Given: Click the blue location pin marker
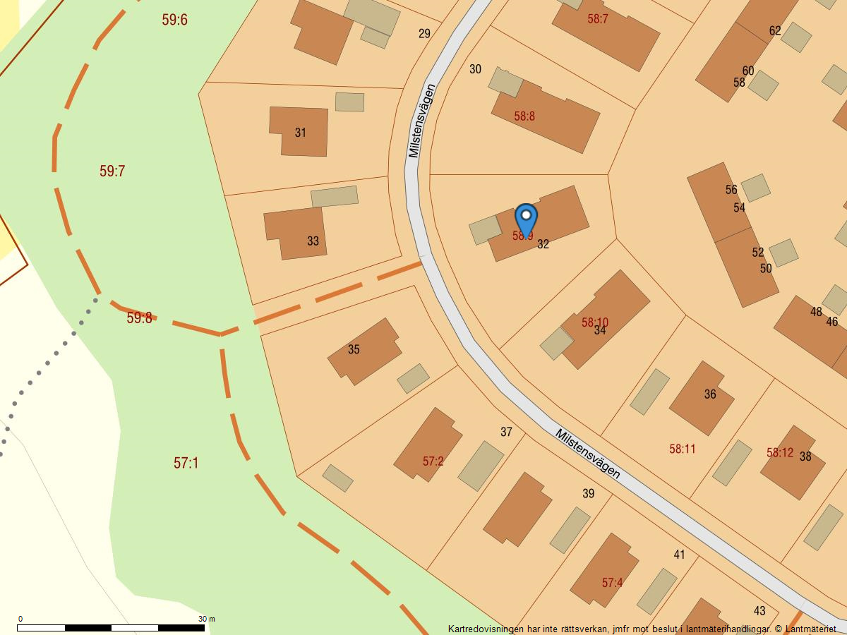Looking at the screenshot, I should tap(526, 217).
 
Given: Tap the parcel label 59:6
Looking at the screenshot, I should tap(174, 20).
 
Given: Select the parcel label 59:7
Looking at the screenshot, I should tap(112, 171).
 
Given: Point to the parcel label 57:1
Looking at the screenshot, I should tap(186, 463).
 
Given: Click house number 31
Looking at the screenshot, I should tap(301, 133).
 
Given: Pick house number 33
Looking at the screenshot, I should tap(313, 241).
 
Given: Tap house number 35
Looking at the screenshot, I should tap(354, 349).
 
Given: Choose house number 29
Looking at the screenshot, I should tap(424, 33).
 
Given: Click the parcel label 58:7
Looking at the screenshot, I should tap(598, 19).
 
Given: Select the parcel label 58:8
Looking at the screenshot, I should tap(524, 116).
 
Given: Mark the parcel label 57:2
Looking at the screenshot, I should tap(433, 461).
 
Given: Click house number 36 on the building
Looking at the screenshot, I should tap(710, 394).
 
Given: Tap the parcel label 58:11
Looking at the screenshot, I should tap(683, 449).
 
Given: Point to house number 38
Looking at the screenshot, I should tap(805, 456).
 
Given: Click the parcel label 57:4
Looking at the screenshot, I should tap(613, 583).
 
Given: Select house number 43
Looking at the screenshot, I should tap(759, 611).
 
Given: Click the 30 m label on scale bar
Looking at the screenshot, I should tap(206, 619).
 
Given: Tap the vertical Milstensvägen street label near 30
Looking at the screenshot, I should tap(422, 121).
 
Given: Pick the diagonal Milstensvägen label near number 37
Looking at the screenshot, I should tap(588, 454).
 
